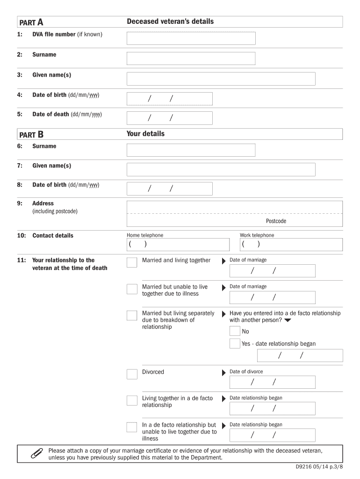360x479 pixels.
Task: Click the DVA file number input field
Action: click(191, 38)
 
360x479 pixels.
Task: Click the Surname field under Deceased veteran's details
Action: click(191, 58)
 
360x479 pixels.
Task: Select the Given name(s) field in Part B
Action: click(221, 169)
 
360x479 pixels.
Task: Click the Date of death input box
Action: click(169, 118)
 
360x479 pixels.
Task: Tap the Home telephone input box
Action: click(178, 245)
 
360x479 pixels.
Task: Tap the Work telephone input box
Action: click(291, 245)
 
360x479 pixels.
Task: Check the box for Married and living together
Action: click(132, 262)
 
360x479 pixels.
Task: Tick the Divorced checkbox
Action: click(132, 374)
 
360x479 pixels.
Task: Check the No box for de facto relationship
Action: click(235, 331)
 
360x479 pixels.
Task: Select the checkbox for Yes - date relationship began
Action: click(235, 344)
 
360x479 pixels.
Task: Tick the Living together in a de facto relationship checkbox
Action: click(132, 400)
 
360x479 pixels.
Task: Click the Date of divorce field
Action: click(272, 382)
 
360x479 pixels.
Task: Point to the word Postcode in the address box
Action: click(276, 221)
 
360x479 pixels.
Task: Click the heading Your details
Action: click(145, 134)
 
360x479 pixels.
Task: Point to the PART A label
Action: click(31, 22)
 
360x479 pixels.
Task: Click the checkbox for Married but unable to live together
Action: click(132, 289)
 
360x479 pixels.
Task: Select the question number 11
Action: click(22, 260)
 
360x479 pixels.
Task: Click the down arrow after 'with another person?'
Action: click(288, 320)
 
